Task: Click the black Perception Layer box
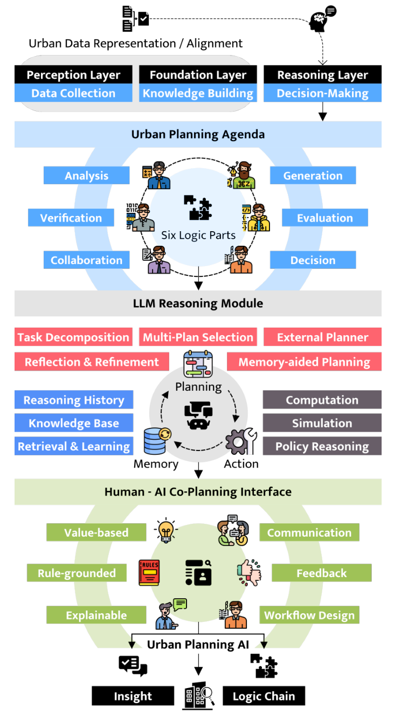(73, 75)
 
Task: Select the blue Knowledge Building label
(198, 93)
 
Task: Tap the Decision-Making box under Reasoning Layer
(322, 93)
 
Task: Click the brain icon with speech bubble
(322, 19)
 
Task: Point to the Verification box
(71, 218)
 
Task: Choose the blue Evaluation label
(324, 218)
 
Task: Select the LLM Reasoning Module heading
(198, 303)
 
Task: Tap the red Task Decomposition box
(73, 337)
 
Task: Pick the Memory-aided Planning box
(304, 362)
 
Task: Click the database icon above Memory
(157, 441)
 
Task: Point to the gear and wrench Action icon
(240, 441)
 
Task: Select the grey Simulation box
(322, 423)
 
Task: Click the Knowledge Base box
(74, 423)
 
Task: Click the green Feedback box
(321, 573)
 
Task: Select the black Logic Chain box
(264, 696)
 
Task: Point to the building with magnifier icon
(198, 696)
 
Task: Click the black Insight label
(133, 696)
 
